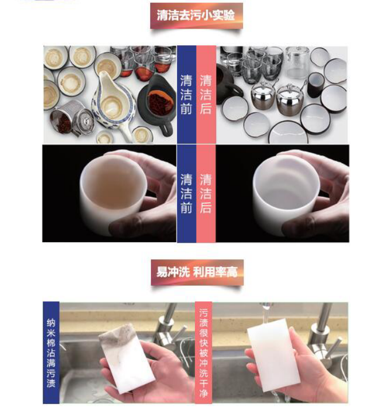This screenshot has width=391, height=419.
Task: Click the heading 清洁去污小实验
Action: pos(196,15)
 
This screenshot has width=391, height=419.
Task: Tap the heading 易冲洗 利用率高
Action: pos(197,272)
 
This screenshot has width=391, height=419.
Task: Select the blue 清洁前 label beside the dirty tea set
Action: pos(186,95)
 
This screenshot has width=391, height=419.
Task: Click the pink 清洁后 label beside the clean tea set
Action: pos(206,95)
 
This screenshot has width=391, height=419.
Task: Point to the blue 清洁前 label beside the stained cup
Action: pos(186,193)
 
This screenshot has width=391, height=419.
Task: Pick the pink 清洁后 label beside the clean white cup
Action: pos(206,193)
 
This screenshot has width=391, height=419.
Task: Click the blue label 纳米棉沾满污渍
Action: pos(51,353)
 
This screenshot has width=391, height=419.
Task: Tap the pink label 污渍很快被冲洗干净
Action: pos(204,353)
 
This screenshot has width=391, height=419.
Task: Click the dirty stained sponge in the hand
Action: pos(126,358)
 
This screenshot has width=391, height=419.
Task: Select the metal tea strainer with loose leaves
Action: pos(71,119)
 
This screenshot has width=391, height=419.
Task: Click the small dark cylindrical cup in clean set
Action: pos(316,85)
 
